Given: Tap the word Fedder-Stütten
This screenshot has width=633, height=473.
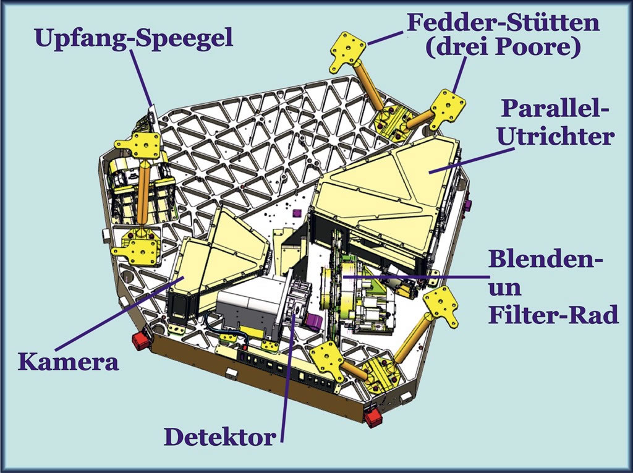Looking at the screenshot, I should point(503,23).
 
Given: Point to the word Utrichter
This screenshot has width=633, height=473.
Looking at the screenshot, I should point(555,136).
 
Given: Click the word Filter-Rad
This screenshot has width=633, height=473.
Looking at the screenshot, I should point(553,315).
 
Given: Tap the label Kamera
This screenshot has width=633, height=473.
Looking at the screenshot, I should point(68,361).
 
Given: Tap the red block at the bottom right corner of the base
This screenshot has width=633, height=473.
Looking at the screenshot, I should point(373,415).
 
